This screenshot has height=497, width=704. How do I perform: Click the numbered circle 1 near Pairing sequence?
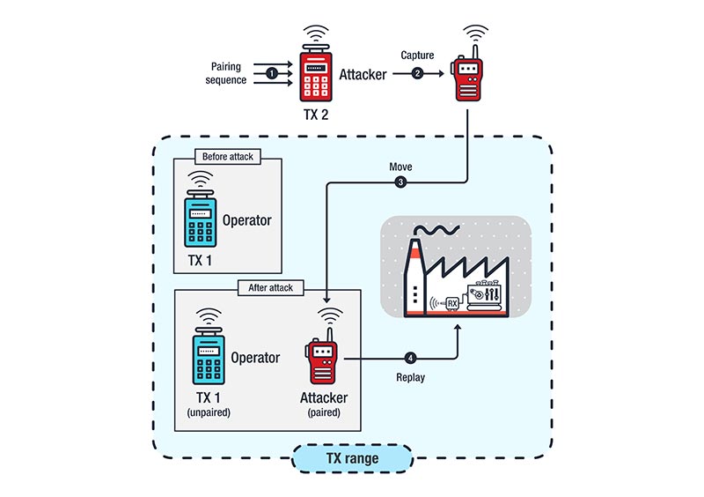click(272, 74)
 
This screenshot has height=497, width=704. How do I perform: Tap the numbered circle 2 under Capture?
click(419, 74)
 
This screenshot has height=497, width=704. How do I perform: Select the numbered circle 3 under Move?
click(400, 183)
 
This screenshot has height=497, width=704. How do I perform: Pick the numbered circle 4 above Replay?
click(410, 359)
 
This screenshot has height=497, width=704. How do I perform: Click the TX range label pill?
click(352, 458)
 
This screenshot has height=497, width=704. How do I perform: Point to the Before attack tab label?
click(227, 157)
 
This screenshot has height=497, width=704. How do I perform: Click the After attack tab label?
click(268, 287)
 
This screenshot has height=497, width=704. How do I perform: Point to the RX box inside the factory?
click(452, 304)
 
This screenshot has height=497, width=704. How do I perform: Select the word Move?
click(401, 167)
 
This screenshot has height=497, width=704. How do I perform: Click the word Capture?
click(419, 56)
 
